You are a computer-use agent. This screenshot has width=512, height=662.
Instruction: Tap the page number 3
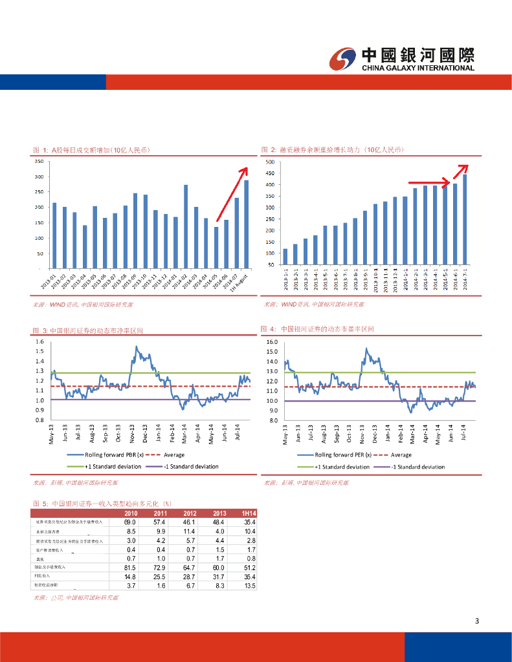point(477,622)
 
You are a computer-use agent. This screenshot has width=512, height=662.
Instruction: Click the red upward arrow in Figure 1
point(232,194)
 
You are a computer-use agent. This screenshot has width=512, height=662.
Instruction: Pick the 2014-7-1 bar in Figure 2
point(465,219)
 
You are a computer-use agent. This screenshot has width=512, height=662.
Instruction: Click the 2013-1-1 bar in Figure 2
point(285,257)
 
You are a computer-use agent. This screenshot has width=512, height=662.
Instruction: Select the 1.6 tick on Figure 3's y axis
point(40,342)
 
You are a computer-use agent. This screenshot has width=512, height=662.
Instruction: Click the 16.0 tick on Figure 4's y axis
point(271,342)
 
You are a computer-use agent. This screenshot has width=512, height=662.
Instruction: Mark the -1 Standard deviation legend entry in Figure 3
point(181,466)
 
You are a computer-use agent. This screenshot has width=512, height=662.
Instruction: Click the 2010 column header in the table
point(130,513)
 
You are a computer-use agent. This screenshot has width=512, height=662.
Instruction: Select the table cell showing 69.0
point(130,522)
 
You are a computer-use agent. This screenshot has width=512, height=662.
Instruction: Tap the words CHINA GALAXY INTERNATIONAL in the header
point(417,68)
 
